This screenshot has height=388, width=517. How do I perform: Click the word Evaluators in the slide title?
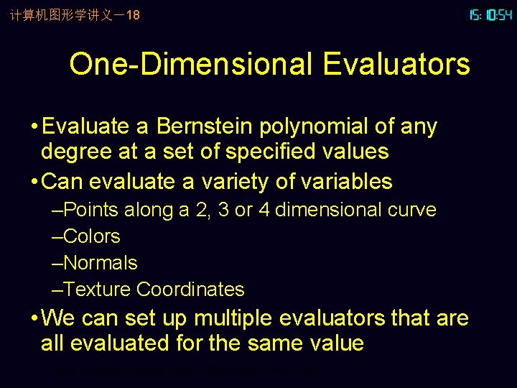[x=396, y=64]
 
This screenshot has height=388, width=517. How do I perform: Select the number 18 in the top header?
[x=132, y=14]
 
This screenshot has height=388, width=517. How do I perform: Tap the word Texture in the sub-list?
[x=97, y=290]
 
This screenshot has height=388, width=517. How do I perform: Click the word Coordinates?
[x=190, y=290]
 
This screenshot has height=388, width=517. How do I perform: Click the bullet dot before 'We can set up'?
[x=34, y=318]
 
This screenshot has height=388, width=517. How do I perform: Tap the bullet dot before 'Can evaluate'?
[x=34, y=182]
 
